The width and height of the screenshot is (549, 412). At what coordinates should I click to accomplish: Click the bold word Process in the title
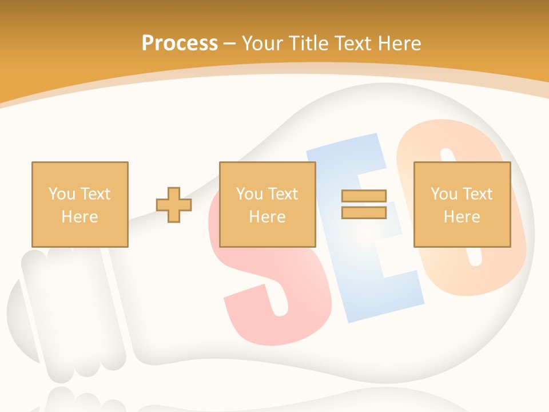(x=180, y=43)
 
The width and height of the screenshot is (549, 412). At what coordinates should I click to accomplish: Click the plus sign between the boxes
(x=174, y=205)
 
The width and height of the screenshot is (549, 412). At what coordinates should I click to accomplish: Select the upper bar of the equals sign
(x=364, y=196)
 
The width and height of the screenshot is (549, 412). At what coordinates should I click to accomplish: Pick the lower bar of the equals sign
(x=364, y=212)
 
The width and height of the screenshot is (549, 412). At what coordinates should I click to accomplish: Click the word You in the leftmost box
(x=62, y=194)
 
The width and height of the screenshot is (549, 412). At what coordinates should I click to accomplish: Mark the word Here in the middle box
(x=267, y=217)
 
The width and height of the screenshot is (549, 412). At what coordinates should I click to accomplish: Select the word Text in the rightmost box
(x=477, y=194)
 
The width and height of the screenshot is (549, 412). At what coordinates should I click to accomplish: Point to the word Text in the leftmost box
(x=94, y=194)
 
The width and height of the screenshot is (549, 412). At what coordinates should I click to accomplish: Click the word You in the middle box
(x=249, y=194)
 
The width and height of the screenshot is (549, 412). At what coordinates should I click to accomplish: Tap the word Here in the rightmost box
(x=462, y=217)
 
